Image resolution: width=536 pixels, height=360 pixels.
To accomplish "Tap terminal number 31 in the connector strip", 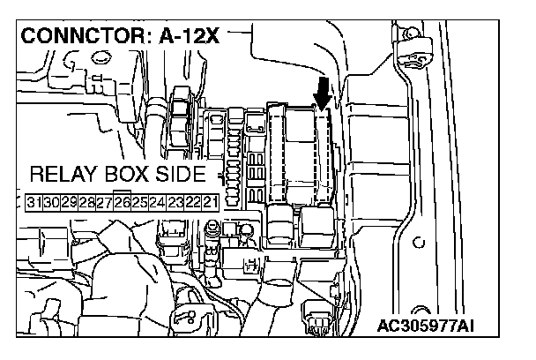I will click(x=35, y=202).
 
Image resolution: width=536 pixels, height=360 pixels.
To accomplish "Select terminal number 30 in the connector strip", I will click(x=53, y=202).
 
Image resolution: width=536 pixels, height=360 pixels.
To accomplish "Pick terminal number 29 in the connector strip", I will click(x=70, y=202).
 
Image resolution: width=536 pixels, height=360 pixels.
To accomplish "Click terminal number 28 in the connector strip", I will click(x=87, y=202).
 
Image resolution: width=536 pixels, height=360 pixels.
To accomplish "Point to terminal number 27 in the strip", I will click(x=105, y=202).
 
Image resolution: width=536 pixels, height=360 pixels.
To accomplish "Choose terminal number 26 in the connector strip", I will click(x=123, y=202).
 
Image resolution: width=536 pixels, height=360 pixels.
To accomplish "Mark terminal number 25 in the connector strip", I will click(x=139, y=202).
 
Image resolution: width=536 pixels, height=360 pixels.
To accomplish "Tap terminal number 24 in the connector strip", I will click(x=157, y=202).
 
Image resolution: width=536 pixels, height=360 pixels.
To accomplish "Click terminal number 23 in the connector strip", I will click(x=175, y=202).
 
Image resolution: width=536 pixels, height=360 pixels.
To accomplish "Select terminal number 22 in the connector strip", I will click(x=192, y=202).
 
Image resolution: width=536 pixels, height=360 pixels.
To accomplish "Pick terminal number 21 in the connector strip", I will click(x=210, y=202).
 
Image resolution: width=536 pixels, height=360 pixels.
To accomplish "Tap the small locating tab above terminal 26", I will click(x=123, y=190).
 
